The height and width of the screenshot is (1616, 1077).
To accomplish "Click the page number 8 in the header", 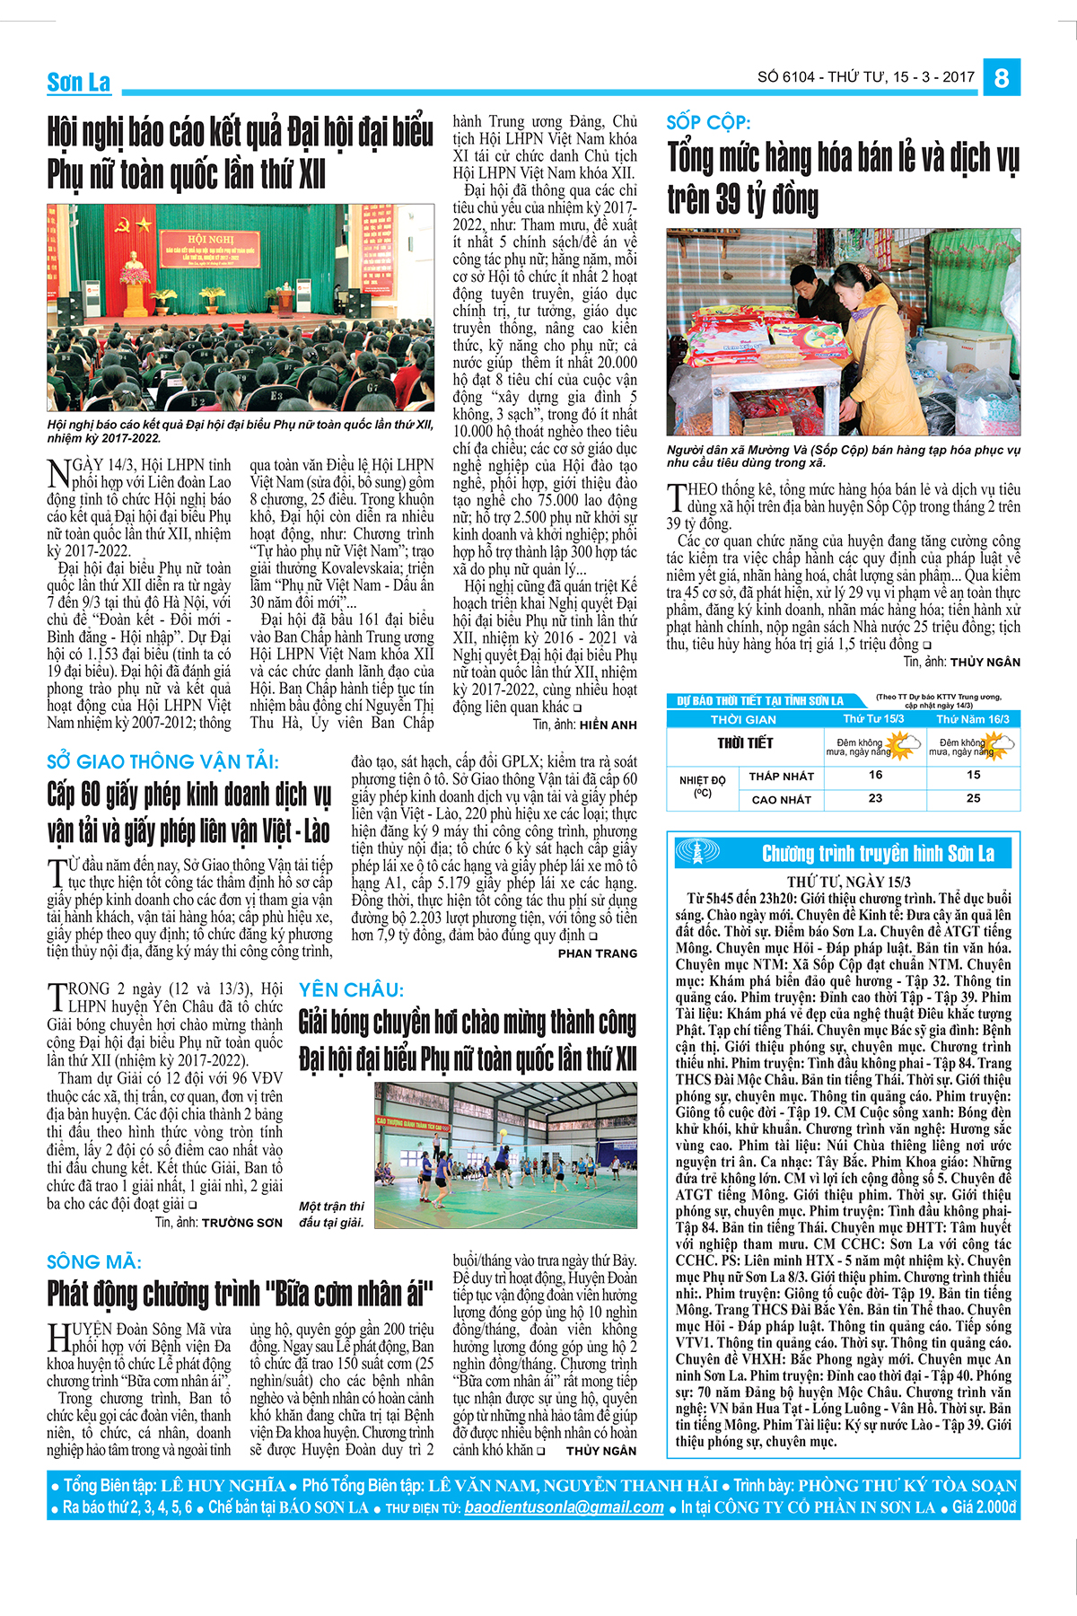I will click(x=1001, y=77).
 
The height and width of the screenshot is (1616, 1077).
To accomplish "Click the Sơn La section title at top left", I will click(x=79, y=83).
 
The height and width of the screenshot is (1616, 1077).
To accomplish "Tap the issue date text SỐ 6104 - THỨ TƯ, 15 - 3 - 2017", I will click(x=865, y=77).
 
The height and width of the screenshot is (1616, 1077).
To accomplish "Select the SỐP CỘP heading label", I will click(x=708, y=123).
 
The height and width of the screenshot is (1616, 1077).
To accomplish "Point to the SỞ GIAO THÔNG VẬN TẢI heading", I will click(x=162, y=762).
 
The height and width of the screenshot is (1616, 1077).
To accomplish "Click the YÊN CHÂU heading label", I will click(x=351, y=990).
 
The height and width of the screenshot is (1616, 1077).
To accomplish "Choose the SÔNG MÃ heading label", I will click(x=94, y=1262).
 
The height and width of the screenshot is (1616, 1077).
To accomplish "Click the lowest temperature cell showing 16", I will click(x=875, y=775).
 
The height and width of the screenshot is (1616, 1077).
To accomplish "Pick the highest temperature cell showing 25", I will click(x=973, y=798).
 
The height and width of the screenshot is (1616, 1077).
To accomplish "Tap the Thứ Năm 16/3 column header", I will click(x=973, y=719).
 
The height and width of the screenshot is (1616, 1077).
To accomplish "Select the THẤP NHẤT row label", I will click(x=781, y=777).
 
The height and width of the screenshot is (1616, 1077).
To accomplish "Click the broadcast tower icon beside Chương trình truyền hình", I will click(x=697, y=853).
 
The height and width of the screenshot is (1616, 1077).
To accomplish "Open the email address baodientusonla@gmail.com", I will click(x=564, y=1507).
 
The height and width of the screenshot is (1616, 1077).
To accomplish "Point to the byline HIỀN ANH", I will click(x=608, y=725).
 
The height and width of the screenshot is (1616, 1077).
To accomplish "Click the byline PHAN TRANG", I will click(x=597, y=953).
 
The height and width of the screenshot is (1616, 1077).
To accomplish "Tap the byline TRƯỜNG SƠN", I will click(x=241, y=1223).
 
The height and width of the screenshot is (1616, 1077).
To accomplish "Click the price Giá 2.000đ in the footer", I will click(x=985, y=1507).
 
